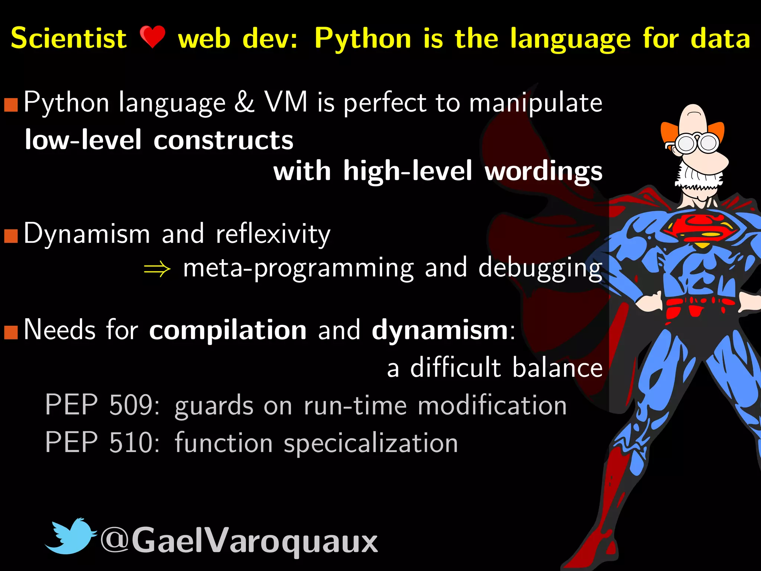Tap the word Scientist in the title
pos(69,38)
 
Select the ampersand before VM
pos(244,102)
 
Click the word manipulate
pos(535,103)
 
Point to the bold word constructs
pos(223,140)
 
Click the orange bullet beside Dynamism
pos(11,235)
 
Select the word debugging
pos(540,268)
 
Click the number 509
pos(130,405)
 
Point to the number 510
pos(130,442)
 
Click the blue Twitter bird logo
pos(70,536)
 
